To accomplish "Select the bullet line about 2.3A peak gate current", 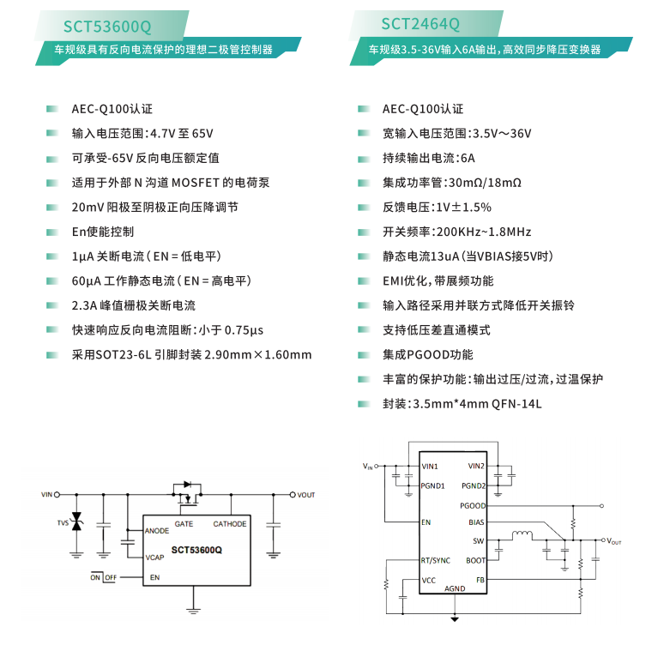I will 134,305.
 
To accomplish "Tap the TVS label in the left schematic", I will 63,522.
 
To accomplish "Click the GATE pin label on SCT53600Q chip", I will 184,523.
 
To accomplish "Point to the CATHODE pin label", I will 229,523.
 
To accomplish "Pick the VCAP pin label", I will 155,557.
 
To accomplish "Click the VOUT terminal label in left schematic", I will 306,495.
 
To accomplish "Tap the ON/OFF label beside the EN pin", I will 104,577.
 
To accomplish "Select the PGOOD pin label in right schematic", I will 473,506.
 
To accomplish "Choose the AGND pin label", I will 455,589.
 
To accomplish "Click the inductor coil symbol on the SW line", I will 521,537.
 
